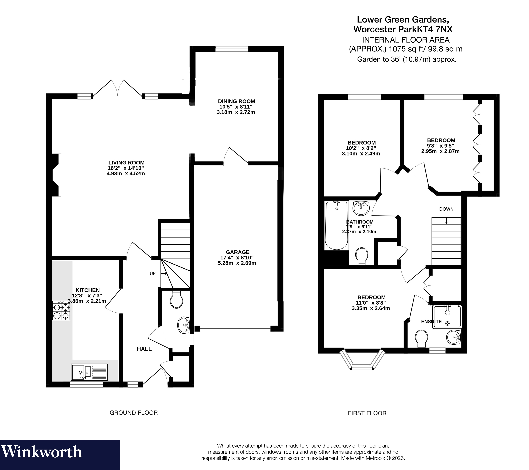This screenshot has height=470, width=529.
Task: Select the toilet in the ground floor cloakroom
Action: click(x=176, y=300)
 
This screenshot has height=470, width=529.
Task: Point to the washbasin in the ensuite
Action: click(x=454, y=337)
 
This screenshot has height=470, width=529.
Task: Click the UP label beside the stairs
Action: click(x=153, y=273)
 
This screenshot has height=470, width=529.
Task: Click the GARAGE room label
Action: click(x=238, y=252)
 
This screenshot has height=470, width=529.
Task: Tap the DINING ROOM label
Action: click(x=236, y=101)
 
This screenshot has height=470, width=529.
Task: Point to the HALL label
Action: click(x=144, y=349)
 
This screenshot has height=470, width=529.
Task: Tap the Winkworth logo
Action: click(x=41, y=452)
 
